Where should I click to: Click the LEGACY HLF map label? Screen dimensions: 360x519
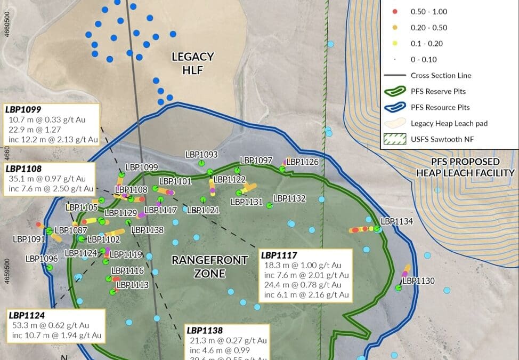(192, 63)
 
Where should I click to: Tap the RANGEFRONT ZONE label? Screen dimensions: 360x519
(202, 267)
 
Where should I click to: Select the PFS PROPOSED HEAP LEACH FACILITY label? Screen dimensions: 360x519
(466, 167)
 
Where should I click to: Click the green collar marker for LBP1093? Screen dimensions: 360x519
(201, 163)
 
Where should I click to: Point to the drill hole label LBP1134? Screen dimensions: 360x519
(396, 221)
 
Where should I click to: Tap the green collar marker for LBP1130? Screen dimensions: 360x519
(399, 288)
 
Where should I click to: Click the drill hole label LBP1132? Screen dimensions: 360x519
(289, 198)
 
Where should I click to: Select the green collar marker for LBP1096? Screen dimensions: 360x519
(50, 267)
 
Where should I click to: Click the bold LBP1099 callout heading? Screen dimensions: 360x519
(23, 109)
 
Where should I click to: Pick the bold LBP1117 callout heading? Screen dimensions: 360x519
(279, 255)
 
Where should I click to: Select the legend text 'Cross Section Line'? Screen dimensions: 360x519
(441, 76)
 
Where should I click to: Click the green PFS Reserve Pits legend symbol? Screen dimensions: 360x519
(394, 92)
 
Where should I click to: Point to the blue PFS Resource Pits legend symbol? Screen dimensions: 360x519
(394, 107)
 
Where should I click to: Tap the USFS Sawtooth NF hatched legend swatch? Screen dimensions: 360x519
(394, 139)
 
